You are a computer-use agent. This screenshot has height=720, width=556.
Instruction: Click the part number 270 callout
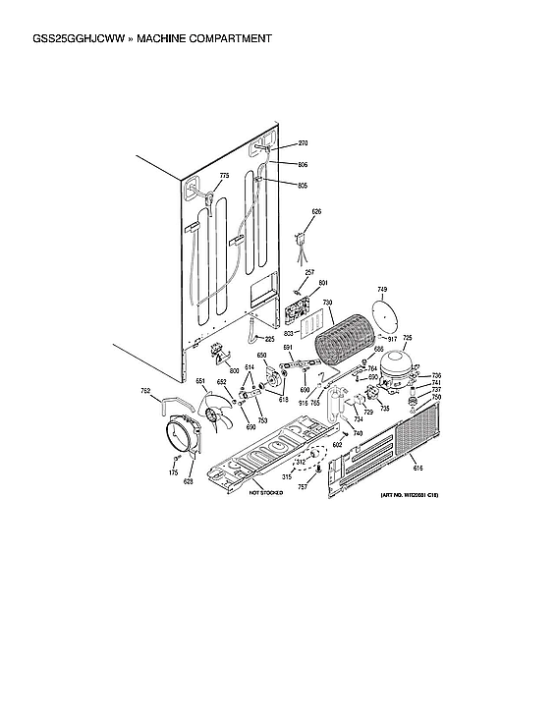tap(275, 142)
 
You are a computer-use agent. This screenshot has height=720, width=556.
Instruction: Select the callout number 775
tap(224, 176)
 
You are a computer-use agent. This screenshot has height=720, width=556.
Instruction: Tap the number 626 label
tap(316, 211)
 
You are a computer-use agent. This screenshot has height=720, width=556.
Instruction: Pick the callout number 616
tap(417, 469)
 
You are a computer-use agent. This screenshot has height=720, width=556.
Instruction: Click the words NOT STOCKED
tap(265, 492)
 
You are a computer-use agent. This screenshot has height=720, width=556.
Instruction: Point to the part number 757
tap(303, 486)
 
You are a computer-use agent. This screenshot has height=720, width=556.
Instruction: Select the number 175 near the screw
tap(173, 473)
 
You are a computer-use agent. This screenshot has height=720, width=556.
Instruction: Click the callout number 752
tap(145, 391)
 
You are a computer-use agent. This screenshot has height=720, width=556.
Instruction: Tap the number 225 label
tap(269, 338)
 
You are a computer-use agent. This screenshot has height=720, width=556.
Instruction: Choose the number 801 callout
tap(322, 283)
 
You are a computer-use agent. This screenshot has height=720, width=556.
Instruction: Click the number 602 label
tap(337, 445)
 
